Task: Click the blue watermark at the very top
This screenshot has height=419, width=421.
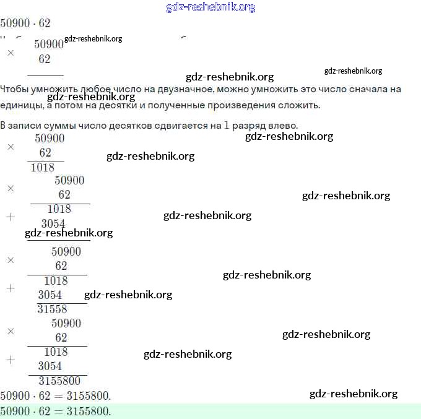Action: pos(210,7)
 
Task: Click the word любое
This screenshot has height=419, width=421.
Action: pos(100,89)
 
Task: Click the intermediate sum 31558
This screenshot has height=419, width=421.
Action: pos(52,309)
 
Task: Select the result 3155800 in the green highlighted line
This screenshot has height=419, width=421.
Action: pos(88,411)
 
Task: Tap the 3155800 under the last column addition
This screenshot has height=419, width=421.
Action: pos(59,381)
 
